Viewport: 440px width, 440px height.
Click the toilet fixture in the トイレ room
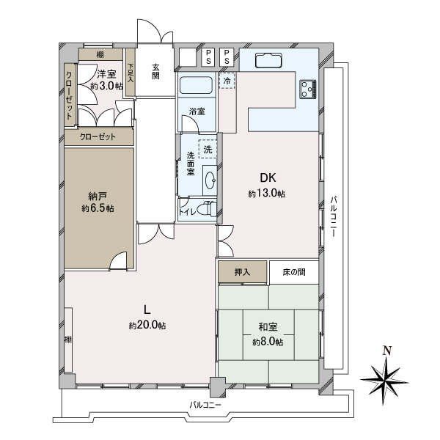click(x=207, y=208)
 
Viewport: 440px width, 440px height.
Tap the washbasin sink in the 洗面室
click(x=210, y=180)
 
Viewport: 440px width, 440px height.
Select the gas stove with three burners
click(x=308, y=89)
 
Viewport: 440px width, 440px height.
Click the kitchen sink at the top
click(x=268, y=61)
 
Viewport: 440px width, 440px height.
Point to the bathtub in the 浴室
click(x=196, y=85)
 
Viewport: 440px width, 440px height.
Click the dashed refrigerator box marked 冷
click(x=227, y=81)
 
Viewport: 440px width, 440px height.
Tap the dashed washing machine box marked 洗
click(x=208, y=149)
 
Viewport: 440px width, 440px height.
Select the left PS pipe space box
click(x=208, y=57)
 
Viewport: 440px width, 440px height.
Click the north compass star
click(x=384, y=381)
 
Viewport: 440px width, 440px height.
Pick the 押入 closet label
click(x=242, y=272)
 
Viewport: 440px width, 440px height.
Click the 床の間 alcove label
click(x=294, y=272)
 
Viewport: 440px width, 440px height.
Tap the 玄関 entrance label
click(x=156, y=72)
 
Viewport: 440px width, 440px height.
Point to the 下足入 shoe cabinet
click(x=131, y=73)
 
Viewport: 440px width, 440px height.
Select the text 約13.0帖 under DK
click(x=267, y=193)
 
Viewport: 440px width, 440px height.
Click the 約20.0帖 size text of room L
click(x=147, y=325)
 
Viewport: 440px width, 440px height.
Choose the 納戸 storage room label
click(x=98, y=197)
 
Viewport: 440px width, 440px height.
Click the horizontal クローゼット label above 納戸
click(x=98, y=136)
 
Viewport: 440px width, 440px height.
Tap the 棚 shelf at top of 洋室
click(x=100, y=54)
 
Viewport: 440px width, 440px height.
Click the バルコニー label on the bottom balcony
click(x=205, y=405)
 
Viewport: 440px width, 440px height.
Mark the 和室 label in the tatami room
click(x=268, y=327)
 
